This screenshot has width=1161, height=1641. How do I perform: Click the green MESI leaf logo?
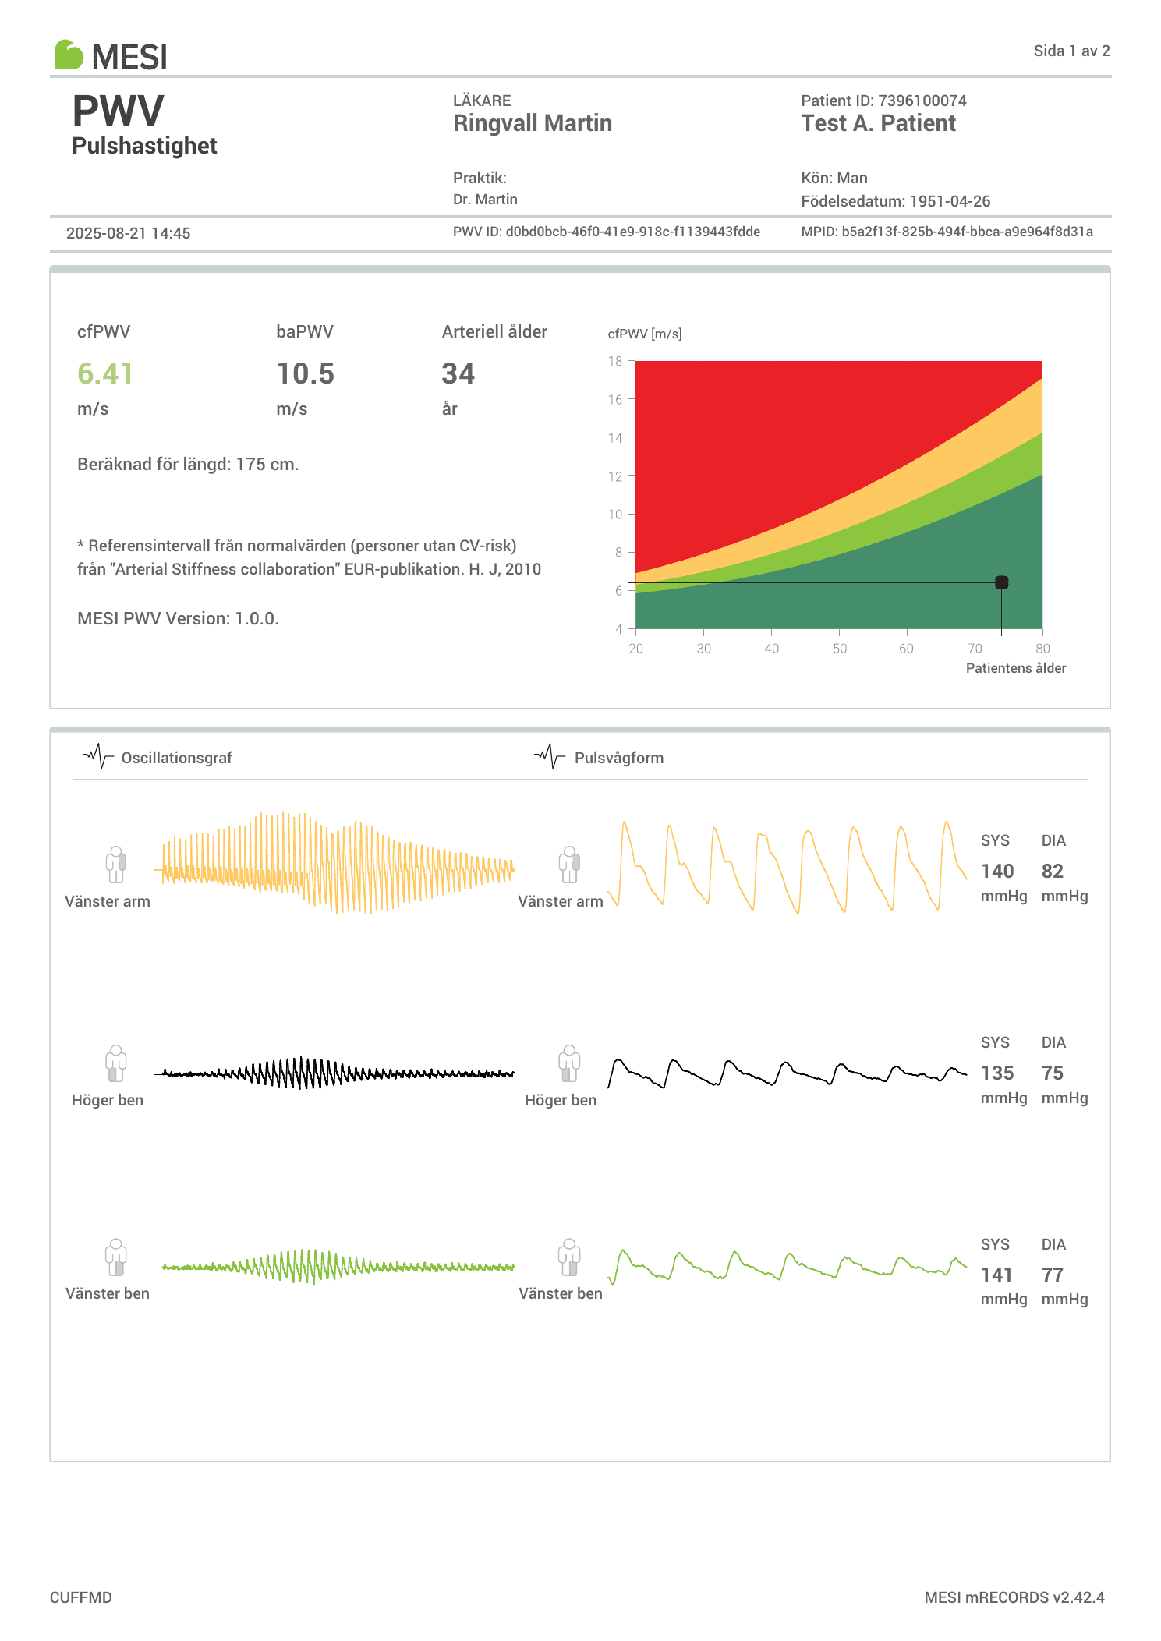click(x=69, y=55)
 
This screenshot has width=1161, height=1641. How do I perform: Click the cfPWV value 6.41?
click(x=104, y=374)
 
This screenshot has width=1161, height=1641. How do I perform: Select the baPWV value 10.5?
click(x=305, y=374)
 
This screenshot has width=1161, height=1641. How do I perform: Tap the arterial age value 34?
click(x=458, y=374)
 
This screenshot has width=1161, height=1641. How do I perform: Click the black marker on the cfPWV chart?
click(x=1001, y=582)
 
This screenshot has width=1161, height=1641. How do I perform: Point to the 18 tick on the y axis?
click(x=616, y=361)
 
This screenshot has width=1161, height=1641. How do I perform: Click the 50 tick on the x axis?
click(x=839, y=649)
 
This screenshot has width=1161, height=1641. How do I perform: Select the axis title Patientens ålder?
click(x=1015, y=668)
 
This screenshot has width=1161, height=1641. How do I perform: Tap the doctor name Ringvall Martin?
click(x=532, y=123)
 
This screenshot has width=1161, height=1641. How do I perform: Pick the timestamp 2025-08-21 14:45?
click(x=128, y=233)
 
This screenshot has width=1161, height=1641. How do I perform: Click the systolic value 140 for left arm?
click(x=996, y=871)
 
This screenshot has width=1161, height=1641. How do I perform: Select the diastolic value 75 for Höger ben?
click(x=1052, y=1073)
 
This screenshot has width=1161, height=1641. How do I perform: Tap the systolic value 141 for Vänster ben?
click(x=996, y=1275)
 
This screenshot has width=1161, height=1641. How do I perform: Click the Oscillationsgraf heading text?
click(x=176, y=758)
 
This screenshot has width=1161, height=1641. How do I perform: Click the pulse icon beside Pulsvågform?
click(x=550, y=756)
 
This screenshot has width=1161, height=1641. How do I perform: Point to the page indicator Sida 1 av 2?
click(x=1071, y=51)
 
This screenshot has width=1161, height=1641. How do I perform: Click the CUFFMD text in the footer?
click(x=81, y=1597)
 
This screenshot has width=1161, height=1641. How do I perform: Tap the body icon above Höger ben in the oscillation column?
click(x=116, y=1063)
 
